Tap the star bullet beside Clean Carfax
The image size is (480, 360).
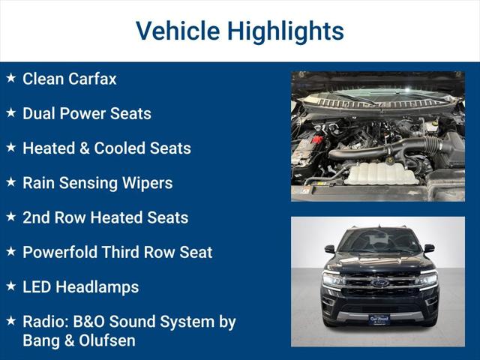[10, 78]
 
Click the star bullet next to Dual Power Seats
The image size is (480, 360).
[10, 112]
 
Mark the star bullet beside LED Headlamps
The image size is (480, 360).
[10, 286]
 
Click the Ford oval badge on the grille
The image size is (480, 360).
[379, 283]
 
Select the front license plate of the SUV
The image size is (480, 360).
[379, 319]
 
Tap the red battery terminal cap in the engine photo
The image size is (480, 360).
[316, 139]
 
